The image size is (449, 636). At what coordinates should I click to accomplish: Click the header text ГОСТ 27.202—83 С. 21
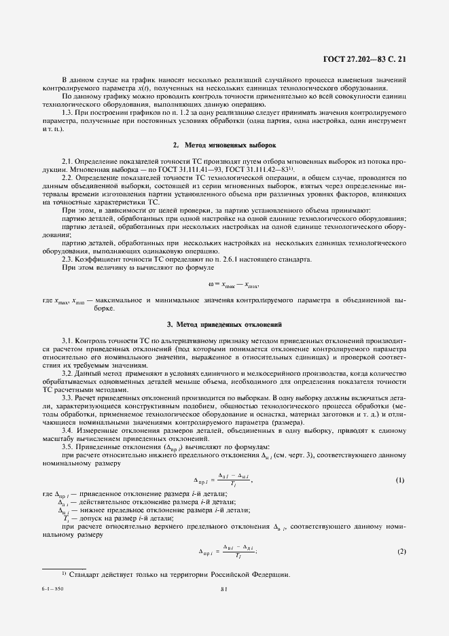pos(368,59)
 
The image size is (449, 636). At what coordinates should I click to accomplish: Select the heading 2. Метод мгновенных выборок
pos(224,146)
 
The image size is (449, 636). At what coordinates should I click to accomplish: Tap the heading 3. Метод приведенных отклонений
pos(224,324)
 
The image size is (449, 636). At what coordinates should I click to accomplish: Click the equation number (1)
pos(400,480)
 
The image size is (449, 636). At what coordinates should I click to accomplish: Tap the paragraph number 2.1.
pos(67,160)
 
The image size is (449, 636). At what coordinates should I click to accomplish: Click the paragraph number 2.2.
pos(67,177)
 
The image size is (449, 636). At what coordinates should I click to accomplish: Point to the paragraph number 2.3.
pos(67,258)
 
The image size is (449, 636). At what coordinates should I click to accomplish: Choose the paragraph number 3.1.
pos(67,339)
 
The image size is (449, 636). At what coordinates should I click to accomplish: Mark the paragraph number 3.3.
pos(67,397)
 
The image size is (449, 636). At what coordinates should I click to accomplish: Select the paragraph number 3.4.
pos(67,430)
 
